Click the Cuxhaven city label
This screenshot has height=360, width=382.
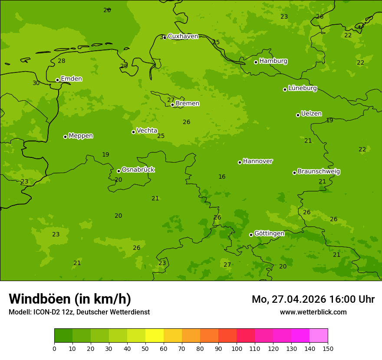[183, 36]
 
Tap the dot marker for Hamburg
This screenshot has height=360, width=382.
[256, 62]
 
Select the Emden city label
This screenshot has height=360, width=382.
[71, 79]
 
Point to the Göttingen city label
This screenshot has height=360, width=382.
[269, 233]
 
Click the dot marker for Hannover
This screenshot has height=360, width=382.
[240, 162]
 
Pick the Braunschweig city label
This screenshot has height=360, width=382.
[319, 171]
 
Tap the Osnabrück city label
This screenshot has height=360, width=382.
[138, 170]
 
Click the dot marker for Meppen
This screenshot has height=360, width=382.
[66, 137]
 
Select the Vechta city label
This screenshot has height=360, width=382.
[147, 131]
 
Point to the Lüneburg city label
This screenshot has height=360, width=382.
[302, 88]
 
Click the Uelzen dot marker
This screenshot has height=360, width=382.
[298, 115]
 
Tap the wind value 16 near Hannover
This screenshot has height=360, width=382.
[222, 177]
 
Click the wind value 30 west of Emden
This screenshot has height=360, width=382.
[36, 83]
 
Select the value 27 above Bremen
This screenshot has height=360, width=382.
[171, 100]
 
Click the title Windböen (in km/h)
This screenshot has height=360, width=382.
[70, 299]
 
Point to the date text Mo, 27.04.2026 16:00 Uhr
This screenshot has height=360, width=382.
[313, 299]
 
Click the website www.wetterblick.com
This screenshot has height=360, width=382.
[313, 312]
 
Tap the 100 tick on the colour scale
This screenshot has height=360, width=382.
[237, 348]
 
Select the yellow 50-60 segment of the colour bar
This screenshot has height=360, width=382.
[155, 336]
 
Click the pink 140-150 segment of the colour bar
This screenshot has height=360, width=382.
[319, 336]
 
